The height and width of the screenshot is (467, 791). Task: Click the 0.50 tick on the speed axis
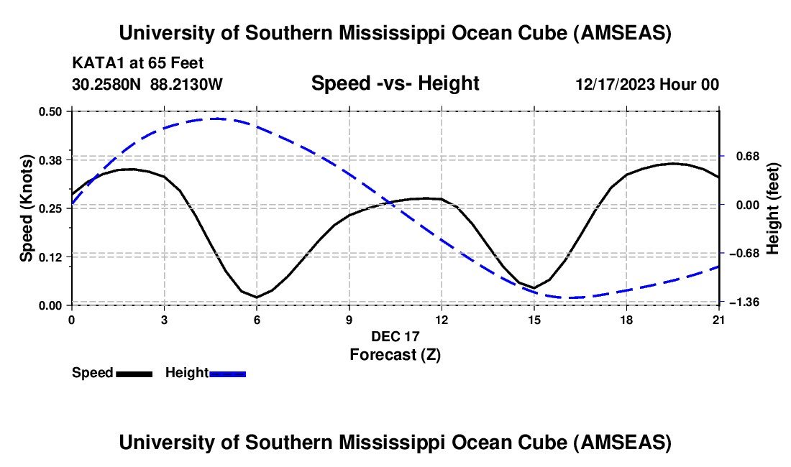point(54,111)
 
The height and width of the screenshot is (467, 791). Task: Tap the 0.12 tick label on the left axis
point(54,256)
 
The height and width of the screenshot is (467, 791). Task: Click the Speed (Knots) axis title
point(27,208)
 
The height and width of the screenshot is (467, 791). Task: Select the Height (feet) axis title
point(773,208)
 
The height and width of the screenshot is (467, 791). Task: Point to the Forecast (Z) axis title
point(395,354)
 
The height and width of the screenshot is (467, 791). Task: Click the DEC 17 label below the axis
point(395,336)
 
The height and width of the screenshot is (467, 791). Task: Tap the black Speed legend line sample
point(134,374)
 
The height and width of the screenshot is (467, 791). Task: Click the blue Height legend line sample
point(227,374)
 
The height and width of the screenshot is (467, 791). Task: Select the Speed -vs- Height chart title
point(395,83)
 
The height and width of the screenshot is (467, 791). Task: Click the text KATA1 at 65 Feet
point(138,63)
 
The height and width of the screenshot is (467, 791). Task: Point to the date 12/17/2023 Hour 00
point(647,85)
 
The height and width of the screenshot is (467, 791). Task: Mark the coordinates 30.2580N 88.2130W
point(147,85)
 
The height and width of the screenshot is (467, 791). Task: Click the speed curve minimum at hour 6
point(257,297)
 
